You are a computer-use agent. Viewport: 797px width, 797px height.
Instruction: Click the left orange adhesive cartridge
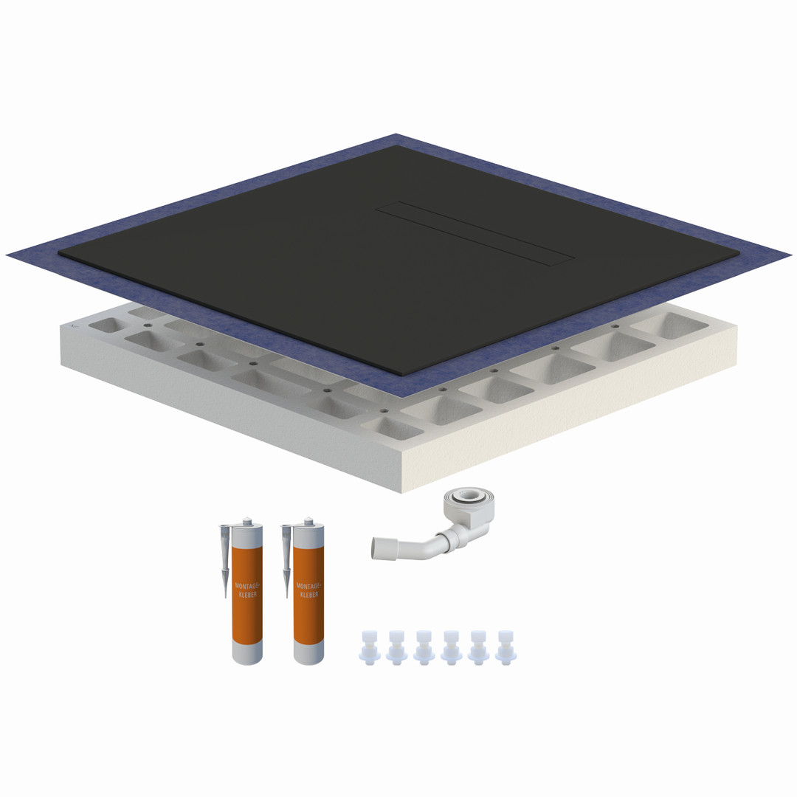tap(247, 592)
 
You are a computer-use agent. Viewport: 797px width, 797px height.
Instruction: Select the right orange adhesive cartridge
tap(308, 592)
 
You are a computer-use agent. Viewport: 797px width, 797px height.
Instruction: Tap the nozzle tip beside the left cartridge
tap(225, 595)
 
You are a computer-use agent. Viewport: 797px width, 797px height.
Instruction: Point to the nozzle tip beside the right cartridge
tap(286, 595)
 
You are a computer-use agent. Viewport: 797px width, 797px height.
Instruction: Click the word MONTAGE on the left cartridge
tap(247, 586)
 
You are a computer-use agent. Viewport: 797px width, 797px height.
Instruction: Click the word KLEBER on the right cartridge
tap(309, 594)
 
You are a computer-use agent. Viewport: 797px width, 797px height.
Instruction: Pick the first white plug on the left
tap(370, 648)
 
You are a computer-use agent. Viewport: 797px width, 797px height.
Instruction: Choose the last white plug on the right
tap(506, 648)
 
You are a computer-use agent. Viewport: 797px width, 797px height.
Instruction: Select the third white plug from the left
tap(424, 648)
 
